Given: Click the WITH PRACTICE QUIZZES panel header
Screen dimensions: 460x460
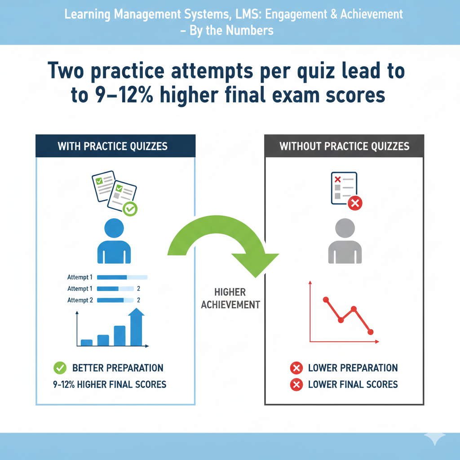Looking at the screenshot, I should click(x=115, y=146).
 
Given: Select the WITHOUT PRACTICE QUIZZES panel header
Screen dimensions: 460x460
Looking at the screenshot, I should click(x=344, y=146).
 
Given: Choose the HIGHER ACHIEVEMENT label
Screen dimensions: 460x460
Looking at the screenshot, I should click(x=230, y=298).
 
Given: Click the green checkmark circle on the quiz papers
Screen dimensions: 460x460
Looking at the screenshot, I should click(x=130, y=208).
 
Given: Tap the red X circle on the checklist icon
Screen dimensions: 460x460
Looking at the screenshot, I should click(x=355, y=203).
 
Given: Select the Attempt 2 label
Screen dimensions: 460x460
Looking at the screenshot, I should click(x=80, y=300).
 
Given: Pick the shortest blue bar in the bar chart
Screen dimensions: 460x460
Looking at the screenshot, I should click(x=87, y=342).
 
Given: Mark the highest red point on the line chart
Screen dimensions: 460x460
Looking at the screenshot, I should click(x=326, y=299).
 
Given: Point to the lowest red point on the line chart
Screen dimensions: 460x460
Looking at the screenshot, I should click(x=371, y=332).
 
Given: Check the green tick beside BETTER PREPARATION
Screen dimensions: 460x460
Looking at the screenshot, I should click(x=60, y=368).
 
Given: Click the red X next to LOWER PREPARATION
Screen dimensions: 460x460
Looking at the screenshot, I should click(x=296, y=368).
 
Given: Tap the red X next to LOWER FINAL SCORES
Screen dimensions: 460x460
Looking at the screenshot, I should click(x=296, y=385).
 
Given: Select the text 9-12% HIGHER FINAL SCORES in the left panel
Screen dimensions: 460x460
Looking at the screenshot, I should click(x=110, y=385).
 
